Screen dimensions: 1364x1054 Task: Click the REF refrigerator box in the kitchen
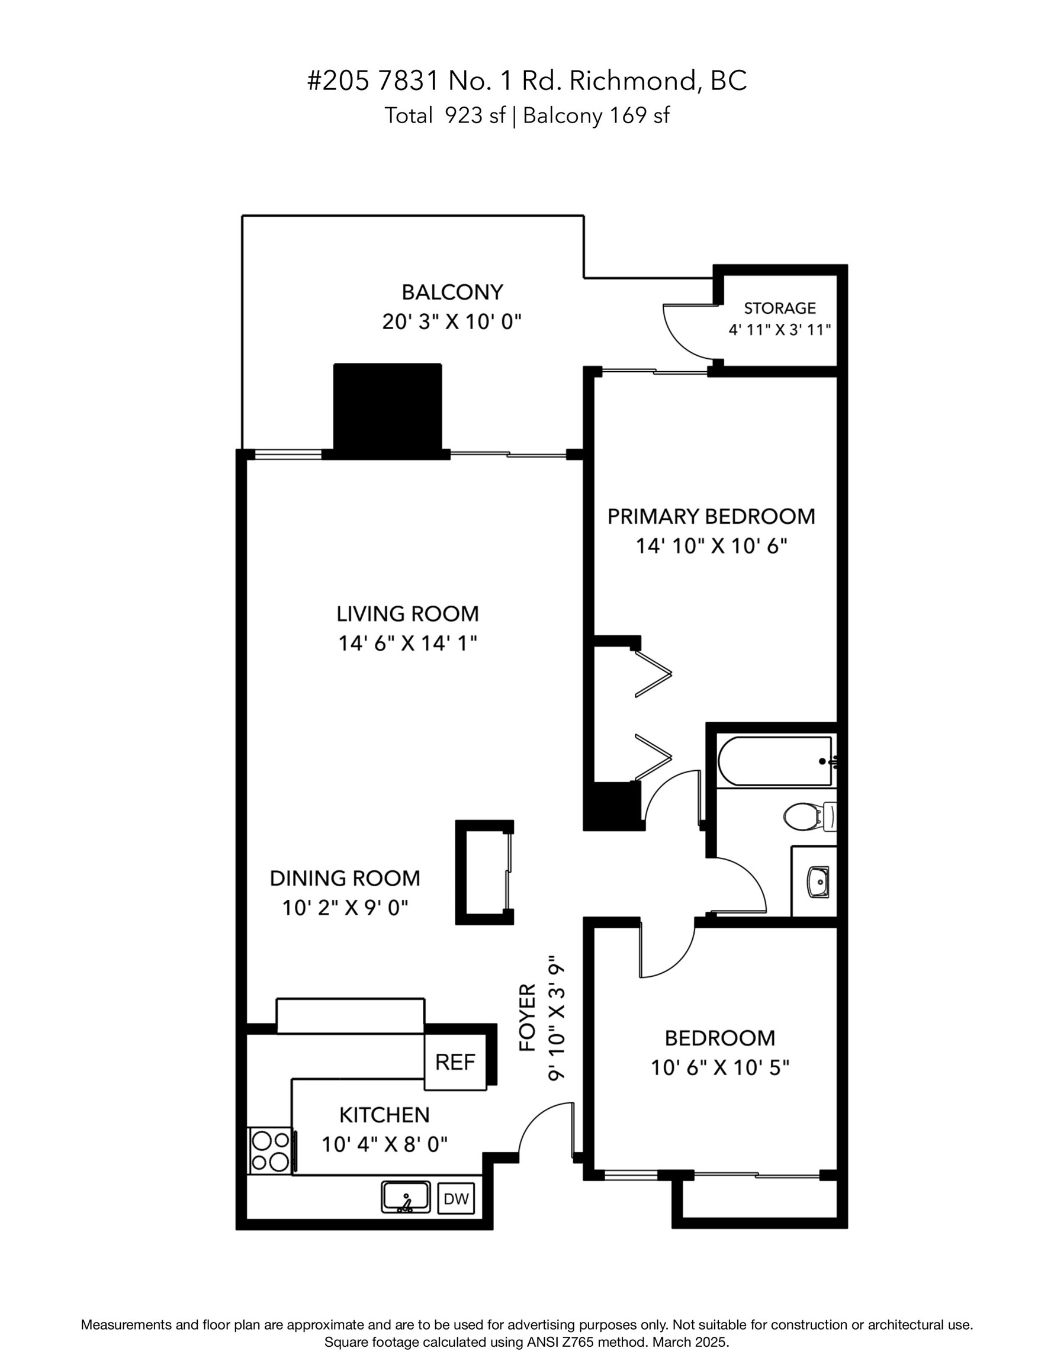(x=455, y=1061)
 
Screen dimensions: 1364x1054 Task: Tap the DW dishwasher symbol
(x=455, y=1198)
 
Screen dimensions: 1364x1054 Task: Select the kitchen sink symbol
(x=406, y=1196)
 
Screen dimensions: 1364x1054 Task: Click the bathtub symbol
(x=775, y=761)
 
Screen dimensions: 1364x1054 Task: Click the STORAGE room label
(x=779, y=308)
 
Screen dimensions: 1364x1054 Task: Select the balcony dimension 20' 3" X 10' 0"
(x=452, y=322)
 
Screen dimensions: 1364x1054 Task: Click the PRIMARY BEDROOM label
(x=711, y=516)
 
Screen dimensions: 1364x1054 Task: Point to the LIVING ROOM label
(x=407, y=614)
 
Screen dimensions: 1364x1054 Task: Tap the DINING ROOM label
(x=345, y=878)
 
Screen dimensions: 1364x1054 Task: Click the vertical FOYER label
(x=528, y=1018)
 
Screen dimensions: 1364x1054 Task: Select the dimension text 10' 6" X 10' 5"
(x=720, y=1067)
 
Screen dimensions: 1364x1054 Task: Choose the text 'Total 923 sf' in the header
(x=444, y=115)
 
